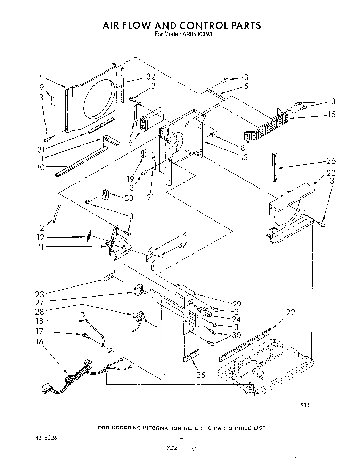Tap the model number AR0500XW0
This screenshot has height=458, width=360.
(194, 34)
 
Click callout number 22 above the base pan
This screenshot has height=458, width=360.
(291, 312)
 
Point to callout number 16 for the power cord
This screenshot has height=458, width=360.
(40, 342)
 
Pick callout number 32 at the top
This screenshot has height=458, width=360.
(151, 77)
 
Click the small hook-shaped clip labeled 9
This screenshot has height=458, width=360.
(53, 101)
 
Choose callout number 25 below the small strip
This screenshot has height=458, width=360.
(201, 375)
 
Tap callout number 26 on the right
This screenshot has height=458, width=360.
(332, 161)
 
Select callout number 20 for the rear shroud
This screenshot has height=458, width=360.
(331, 173)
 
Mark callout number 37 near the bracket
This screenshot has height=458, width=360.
(182, 244)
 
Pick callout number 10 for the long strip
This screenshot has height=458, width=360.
(41, 167)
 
